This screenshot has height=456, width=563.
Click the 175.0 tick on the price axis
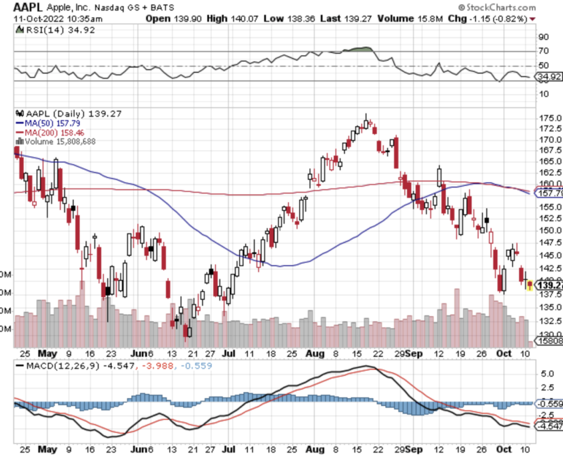click(548, 118)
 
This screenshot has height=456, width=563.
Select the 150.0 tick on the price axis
click(548, 231)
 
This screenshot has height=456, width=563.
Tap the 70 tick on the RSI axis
click(544, 51)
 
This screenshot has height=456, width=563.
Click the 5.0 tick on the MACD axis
click(546, 374)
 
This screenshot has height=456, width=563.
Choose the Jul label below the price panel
click(228, 354)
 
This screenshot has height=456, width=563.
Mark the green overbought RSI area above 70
click(359, 49)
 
